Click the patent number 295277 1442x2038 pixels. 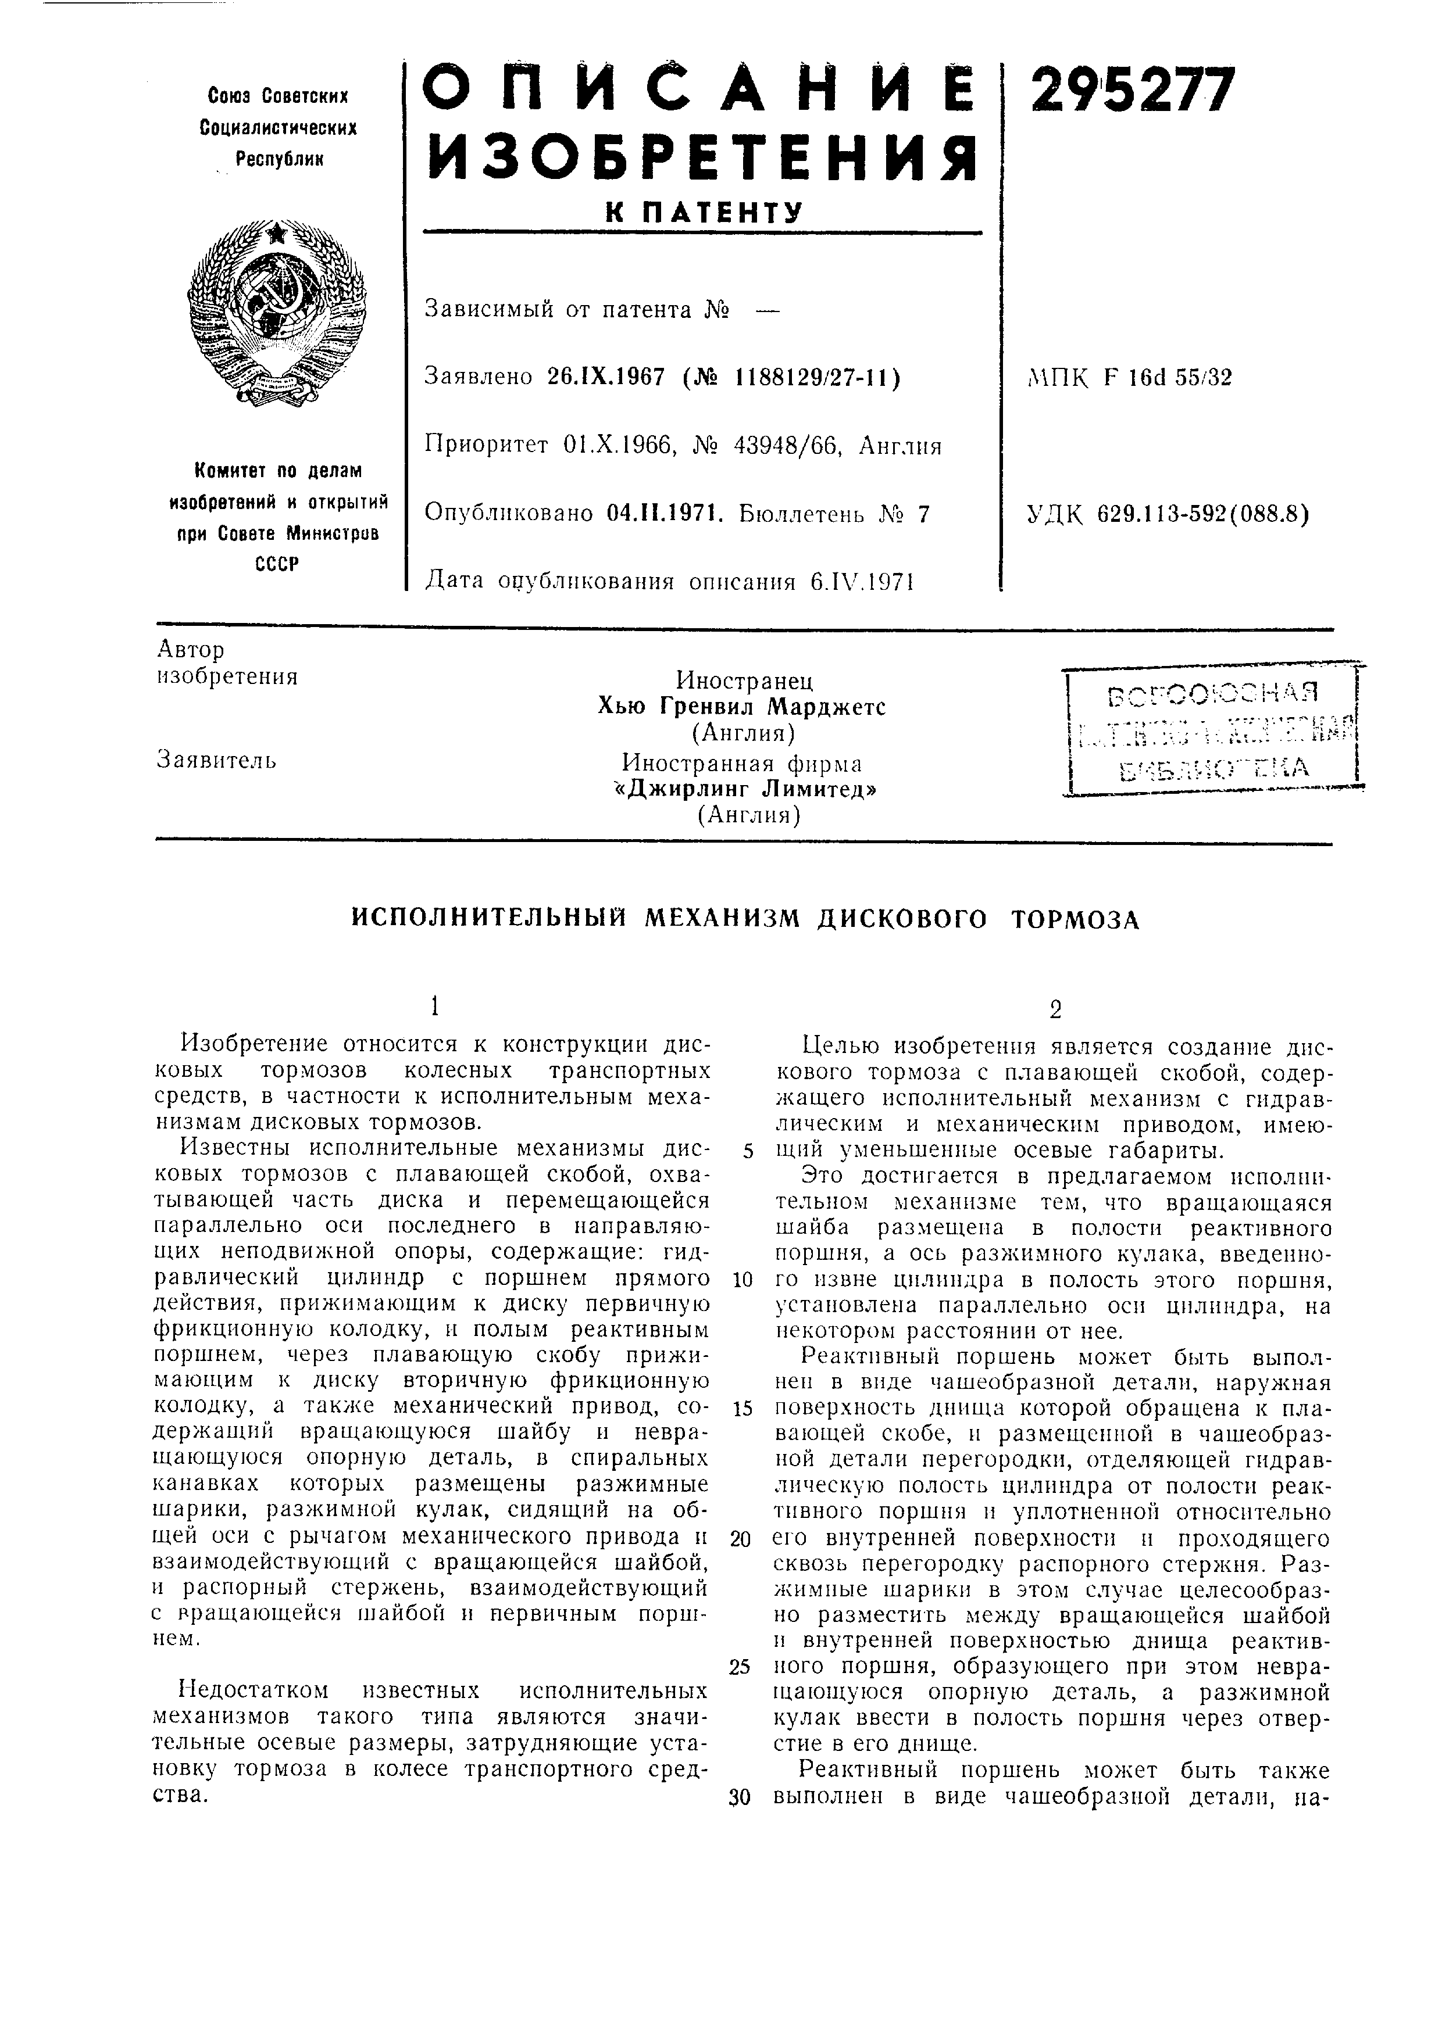point(1132,91)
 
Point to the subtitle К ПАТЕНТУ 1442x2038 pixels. point(703,213)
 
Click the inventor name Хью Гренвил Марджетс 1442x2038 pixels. point(741,707)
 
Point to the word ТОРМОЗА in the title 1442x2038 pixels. point(1075,919)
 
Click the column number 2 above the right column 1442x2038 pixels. point(1055,1009)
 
